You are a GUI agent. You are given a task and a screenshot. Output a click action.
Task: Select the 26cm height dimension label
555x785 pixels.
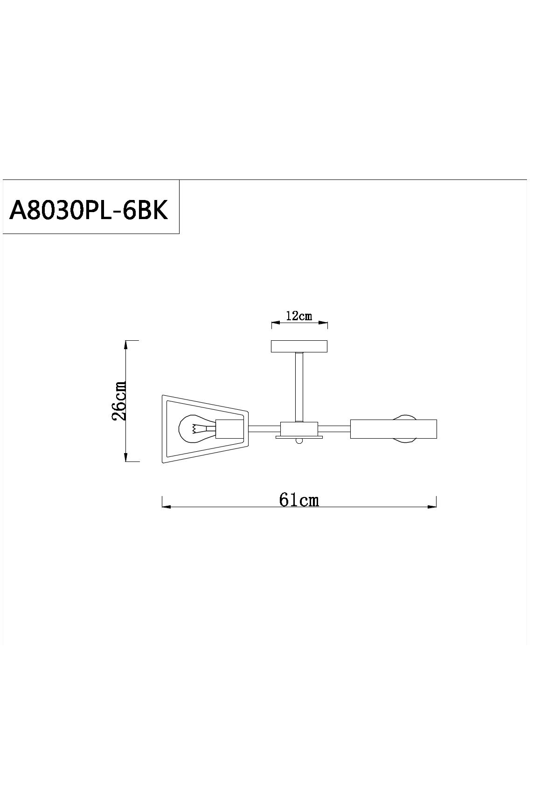118,400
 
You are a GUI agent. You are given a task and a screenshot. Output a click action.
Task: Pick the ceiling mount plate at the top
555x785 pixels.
299,346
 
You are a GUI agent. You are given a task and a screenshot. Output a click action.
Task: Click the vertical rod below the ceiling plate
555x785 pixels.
299,387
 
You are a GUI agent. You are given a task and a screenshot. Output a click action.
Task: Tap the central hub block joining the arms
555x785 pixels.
299,429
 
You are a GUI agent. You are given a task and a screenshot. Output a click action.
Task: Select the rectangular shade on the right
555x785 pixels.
393,429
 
